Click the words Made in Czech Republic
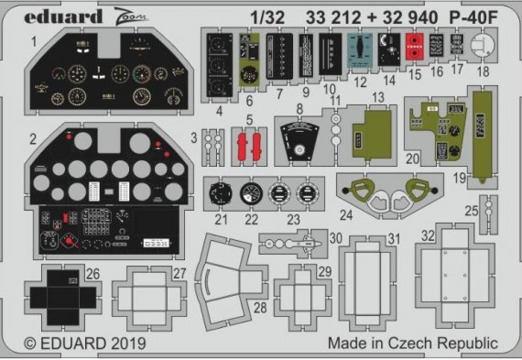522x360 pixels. coord(412,344)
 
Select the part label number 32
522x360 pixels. coord(427,235)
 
